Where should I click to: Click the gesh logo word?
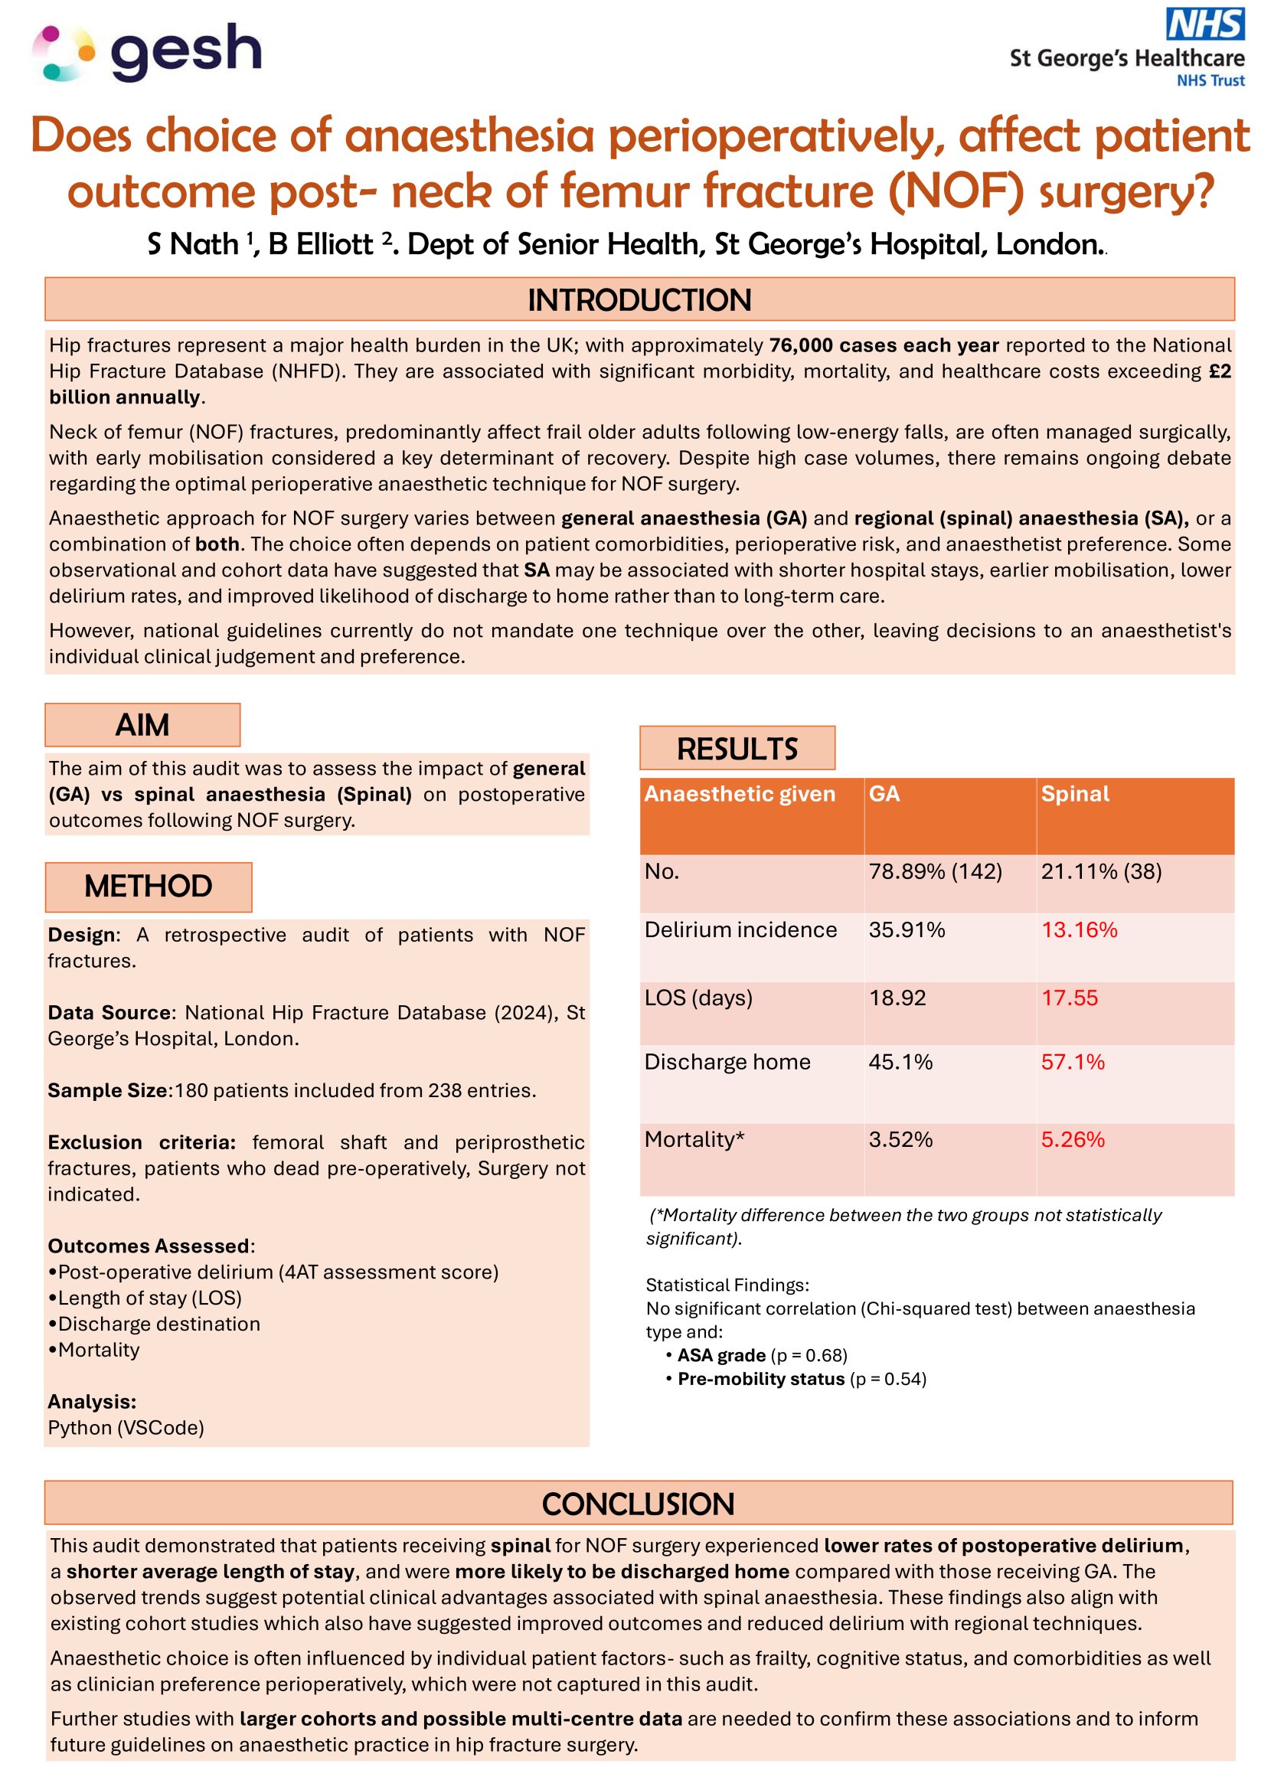click(x=186, y=51)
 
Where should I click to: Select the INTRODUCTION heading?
click(x=639, y=300)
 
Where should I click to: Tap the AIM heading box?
click(x=142, y=724)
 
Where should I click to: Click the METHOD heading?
click(x=148, y=886)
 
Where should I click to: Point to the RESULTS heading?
click(x=737, y=748)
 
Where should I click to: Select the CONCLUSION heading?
click(x=638, y=1504)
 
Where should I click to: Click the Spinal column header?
click(x=1074, y=794)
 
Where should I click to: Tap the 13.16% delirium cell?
click(x=1079, y=929)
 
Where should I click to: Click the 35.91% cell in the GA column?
click(x=906, y=929)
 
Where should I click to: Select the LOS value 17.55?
click(x=1069, y=998)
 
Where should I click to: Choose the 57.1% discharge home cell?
click(x=1072, y=1062)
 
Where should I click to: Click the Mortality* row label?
click(x=694, y=1139)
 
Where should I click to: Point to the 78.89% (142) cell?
click(x=934, y=871)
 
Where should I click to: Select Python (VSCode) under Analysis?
click(x=126, y=1428)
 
